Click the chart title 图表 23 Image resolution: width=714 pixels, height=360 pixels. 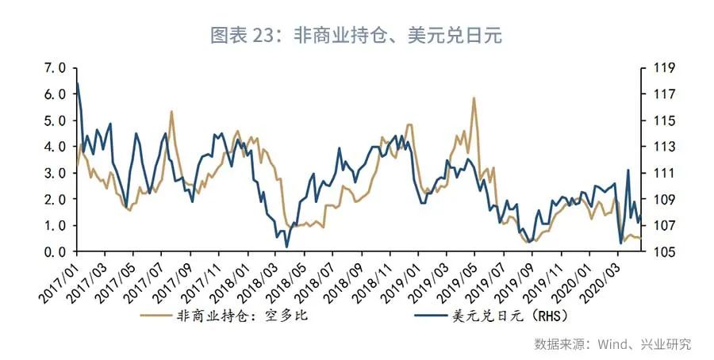[356, 36]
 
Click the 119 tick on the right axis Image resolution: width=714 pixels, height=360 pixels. [663, 68]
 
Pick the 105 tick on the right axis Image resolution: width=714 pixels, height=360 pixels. [663, 252]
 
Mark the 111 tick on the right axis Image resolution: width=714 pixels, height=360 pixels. [663, 173]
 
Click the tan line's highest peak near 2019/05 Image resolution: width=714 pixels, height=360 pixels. [474, 98]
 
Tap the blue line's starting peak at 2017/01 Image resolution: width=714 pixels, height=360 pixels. [77, 83]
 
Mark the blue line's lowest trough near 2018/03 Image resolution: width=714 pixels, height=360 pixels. [286, 247]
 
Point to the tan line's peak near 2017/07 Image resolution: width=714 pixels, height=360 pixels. [171, 112]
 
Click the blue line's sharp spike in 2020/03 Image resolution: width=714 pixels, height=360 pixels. [628, 170]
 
